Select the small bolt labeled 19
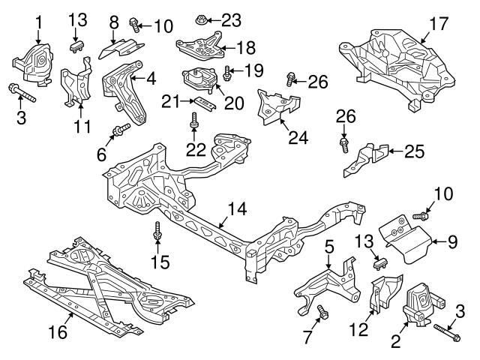click(x=227, y=73)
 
